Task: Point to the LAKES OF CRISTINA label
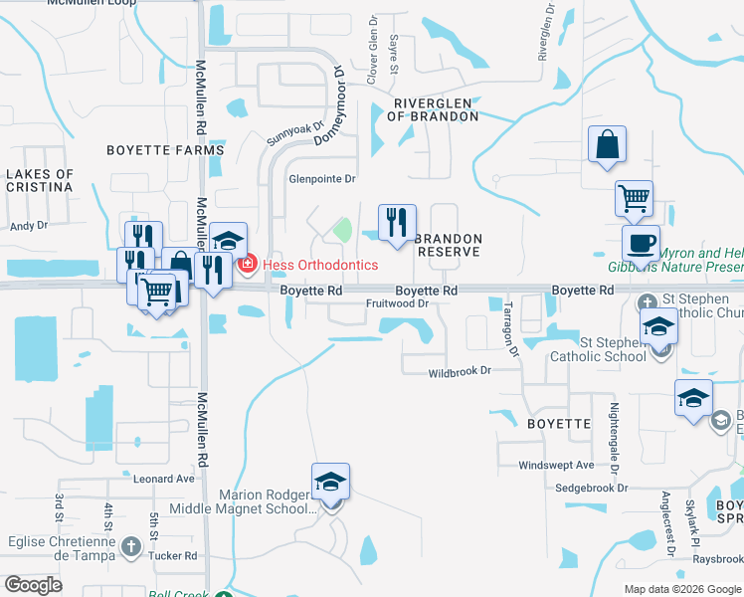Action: (40, 180)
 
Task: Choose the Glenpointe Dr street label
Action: (321, 179)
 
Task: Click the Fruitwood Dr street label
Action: (397, 303)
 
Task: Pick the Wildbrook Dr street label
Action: (460, 371)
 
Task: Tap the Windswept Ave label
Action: (556, 465)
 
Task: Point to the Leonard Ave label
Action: (164, 479)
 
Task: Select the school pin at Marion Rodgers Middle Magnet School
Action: (330, 483)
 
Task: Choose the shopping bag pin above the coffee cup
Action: (606, 145)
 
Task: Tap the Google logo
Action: (33, 585)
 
